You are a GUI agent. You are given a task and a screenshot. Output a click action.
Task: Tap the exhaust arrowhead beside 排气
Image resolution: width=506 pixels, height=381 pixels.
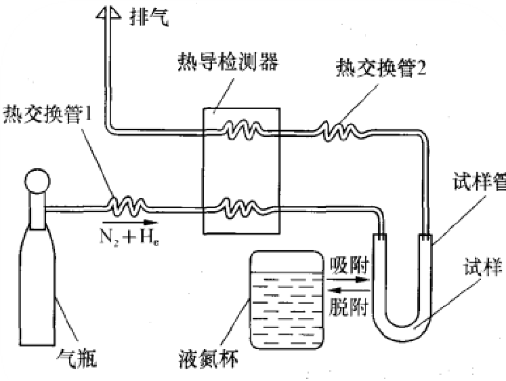pyautogui.click(x=108, y=12)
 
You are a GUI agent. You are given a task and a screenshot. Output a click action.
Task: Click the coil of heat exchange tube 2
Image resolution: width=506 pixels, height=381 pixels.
pyautogui.click(x=338, y=130)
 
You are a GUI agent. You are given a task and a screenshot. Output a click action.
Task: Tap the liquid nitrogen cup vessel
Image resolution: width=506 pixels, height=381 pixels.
pyautogui.click(x=284, y=299)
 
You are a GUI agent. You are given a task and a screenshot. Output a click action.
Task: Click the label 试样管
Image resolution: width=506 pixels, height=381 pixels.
pyautogui.click(x=478, y=182)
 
